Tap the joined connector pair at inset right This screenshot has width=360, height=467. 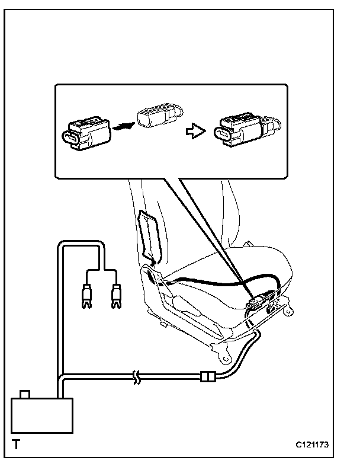click(245, 129)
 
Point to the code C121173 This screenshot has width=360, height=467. click(312, 444)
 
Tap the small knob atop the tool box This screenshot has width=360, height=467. click(25, 394)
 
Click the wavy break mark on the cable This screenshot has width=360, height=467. click(137, 376)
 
